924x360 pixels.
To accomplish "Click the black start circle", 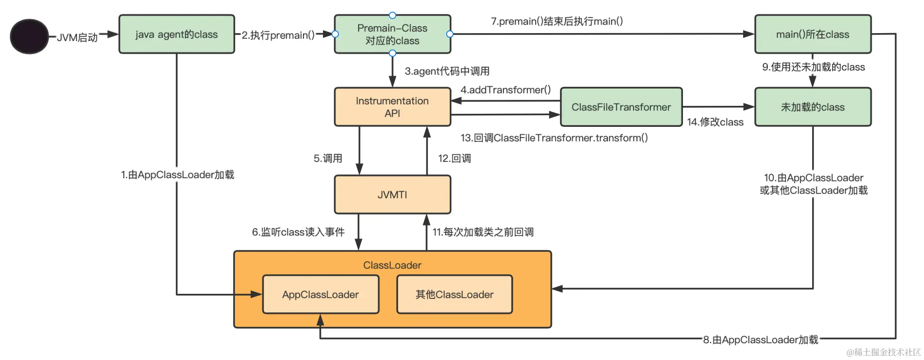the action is [29, 36].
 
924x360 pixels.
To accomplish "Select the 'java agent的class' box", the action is [177, 34].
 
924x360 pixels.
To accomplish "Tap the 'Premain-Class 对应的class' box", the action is [393, 34].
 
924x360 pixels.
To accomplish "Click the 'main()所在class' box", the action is [813, 34].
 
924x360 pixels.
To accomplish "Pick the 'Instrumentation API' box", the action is [393, 107].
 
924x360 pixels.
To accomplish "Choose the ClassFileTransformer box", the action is [621, 107].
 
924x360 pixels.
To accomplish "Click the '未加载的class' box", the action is [813, 107].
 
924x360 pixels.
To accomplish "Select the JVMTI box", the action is [393, 194].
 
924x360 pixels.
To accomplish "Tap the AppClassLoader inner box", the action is [321, 294].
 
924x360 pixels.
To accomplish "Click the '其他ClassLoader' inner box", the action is [455, 294].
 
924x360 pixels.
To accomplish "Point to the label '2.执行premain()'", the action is [278, 35].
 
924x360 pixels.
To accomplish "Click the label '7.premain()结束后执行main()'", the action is [557, 21].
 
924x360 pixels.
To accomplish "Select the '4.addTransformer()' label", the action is [506, 90].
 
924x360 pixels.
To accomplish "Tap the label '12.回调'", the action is [455, 158].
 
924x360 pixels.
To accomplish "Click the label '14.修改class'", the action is [715, 122].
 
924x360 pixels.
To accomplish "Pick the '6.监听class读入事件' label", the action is [298, 232].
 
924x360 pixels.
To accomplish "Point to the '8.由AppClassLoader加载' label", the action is [761, 339].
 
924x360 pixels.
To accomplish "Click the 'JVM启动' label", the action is [77, 37].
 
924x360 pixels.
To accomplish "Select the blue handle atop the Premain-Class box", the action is [393, 15].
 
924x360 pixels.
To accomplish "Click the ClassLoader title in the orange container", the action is [393, 265].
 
